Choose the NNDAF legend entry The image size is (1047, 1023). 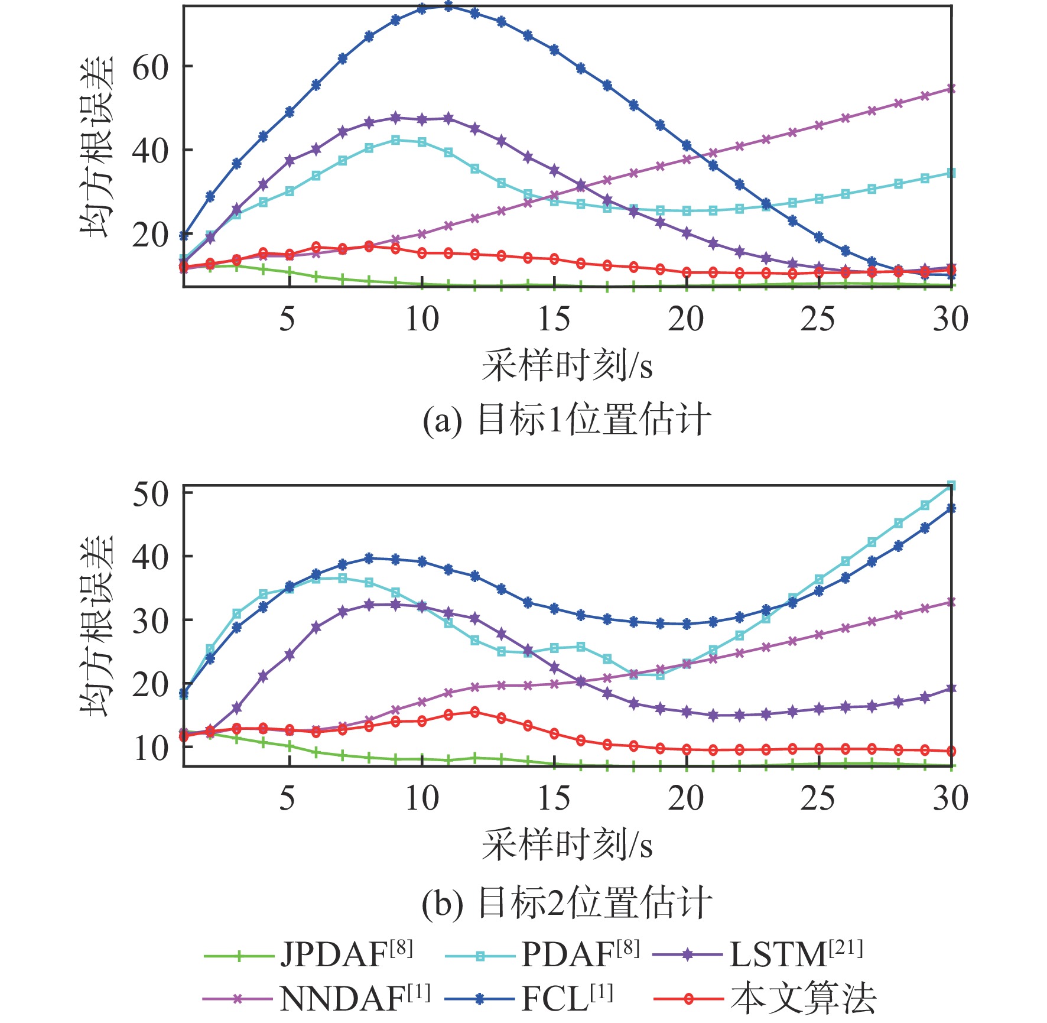coord(317,999)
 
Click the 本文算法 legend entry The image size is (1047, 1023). coord(766,999)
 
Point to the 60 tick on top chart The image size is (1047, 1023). coord(150,67)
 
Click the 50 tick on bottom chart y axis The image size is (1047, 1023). coord(150,494)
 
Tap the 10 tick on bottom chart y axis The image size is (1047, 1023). coord(150,748)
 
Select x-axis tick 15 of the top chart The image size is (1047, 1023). coord(554,319)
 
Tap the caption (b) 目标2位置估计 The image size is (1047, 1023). coord(566,903)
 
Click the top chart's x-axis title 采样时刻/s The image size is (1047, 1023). coord(566,366)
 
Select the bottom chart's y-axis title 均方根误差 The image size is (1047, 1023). coord(96,626)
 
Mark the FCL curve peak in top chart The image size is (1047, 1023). coord(448,7)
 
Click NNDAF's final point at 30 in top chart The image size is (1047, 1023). coord(951,89)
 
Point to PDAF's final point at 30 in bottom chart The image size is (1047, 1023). coord(951,486)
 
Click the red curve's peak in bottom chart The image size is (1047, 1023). coord(474,712)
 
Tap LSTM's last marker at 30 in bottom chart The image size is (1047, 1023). coord(951,689)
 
